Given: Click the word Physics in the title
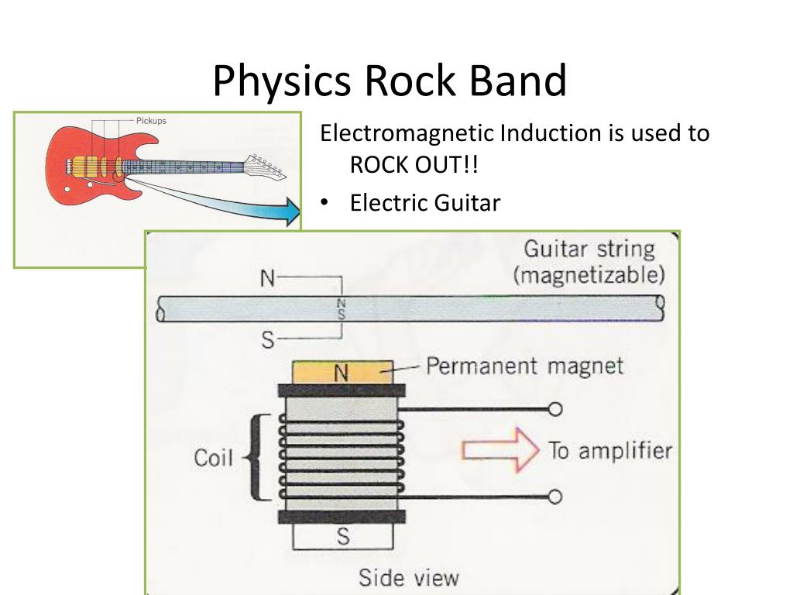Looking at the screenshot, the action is point(282,81).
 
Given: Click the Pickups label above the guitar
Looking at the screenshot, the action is point(151,121).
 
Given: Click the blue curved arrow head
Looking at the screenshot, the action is point(291,211).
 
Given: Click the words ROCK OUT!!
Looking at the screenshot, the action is point(414,164).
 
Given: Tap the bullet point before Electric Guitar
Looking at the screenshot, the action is point(324,202).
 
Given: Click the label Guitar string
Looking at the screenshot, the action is point(589,249).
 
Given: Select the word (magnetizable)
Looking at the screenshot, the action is point(589,275).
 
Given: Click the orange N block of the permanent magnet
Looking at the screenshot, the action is point(342,373).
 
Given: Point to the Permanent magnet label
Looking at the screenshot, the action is point(524,366).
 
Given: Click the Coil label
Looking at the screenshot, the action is point(214,458).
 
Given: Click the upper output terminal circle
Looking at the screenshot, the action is point(554,409).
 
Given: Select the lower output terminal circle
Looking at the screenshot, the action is point(554,497).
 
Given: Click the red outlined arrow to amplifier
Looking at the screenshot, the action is point(499,450).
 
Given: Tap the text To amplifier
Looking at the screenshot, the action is point(610,450).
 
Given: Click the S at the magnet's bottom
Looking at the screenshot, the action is point(343,536).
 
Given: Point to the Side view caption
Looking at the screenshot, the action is point(409,578).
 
